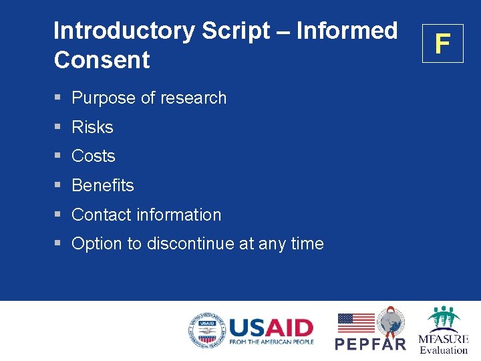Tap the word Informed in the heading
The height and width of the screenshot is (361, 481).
(x=347, y=31)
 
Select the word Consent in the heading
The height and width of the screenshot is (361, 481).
(x=102, y=60)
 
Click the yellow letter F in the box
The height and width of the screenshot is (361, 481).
(x=442, y=43)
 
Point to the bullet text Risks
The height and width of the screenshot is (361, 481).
(x=92, y=127)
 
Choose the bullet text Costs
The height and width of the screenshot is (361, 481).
(x=94, y=156)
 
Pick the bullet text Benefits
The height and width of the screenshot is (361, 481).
(x=103, y=185)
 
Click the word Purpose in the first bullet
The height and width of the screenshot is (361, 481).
(x=104, y=98)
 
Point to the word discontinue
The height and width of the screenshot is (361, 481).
(x=190, y=244)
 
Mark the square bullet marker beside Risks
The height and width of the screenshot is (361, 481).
(x=58, y=127)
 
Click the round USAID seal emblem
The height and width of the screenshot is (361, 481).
(x=206, y=330)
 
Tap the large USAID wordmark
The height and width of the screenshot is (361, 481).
(x=271, y=328)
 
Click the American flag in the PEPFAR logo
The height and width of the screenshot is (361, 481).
(x=355, y=323)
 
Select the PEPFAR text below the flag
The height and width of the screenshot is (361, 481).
(x=370, y=344)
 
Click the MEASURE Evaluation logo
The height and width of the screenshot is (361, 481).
(x=443, y=330)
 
